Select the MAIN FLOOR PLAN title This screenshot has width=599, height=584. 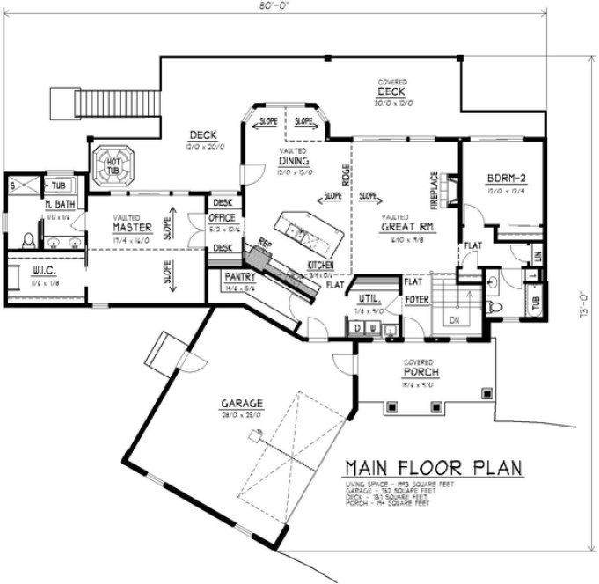[433, 466]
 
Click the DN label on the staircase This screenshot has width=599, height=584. [455, 321]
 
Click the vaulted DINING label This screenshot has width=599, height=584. [293, 161]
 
